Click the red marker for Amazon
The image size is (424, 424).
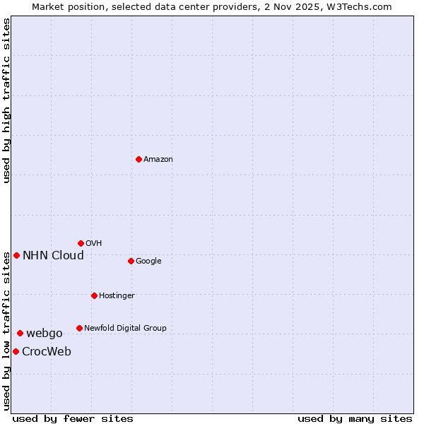coord(139,159)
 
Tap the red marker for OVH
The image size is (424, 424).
coord(81,243)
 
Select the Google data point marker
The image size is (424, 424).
coord(131,261)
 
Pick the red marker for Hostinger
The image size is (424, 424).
coord(94,295)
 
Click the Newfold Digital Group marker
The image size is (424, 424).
coord(79,328)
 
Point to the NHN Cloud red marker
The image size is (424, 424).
coord(16,255)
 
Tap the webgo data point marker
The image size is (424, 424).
coord(20,333)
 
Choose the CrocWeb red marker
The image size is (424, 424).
coord(16,351)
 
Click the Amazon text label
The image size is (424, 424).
coord(158,159)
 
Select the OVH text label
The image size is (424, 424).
coord(93,243)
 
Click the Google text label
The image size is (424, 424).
coord(148,261)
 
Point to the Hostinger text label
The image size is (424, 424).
coord(117,295)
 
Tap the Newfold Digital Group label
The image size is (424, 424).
coord(125,328)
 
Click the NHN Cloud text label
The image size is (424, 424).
coord(53,255)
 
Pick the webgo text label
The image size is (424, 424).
coord(45,333)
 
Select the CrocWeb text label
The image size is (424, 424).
coord(47,351)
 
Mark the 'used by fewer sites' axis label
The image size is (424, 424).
coord(72,418)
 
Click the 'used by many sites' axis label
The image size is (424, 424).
coord(355,418)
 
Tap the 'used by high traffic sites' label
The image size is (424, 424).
coord(6,101)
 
